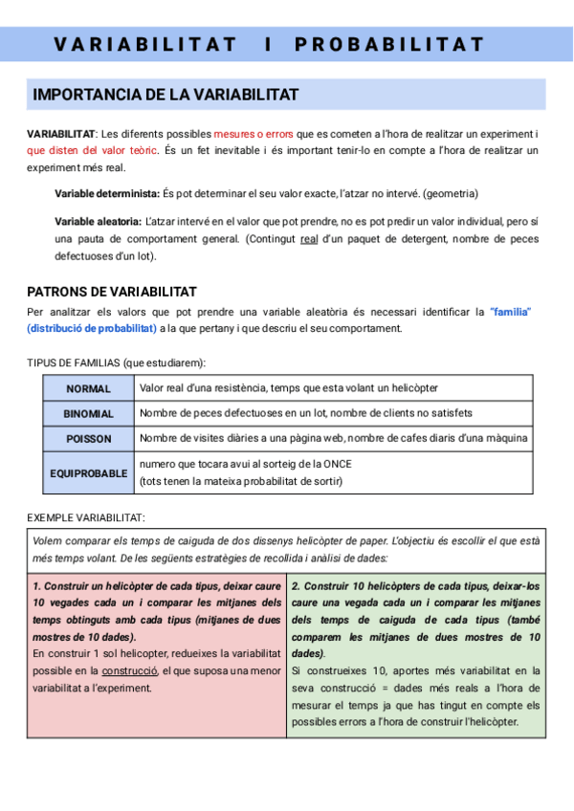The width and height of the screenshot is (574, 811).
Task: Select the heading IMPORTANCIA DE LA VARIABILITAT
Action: click(166, 95)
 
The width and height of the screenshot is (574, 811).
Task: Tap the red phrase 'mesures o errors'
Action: click(254, 134)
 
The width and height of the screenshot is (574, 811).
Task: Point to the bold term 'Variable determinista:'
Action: click(107, 193)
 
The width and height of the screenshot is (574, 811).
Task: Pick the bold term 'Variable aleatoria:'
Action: click(99, 222)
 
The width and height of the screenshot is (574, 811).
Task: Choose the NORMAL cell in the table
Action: click(89, 388)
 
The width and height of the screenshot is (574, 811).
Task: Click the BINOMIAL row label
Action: click(89, 414)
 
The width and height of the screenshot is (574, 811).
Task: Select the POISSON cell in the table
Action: click(89, 439)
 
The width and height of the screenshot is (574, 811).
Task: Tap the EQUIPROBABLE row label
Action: click(89, 473)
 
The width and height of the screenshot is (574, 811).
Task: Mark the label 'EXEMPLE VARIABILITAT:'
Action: click(86, 517)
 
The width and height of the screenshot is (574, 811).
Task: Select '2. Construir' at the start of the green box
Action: click(320, 585)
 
